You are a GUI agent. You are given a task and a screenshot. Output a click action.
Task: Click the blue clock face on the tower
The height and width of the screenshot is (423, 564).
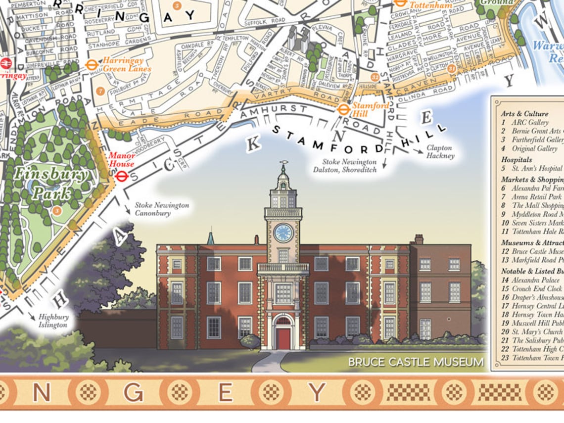[x=283, y=233]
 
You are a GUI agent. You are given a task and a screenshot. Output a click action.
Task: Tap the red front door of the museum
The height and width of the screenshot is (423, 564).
[x=283, y=338]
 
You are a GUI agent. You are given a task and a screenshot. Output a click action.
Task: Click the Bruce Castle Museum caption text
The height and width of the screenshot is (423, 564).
[x=416, y=362]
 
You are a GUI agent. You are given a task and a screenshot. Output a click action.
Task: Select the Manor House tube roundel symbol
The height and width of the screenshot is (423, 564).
[x=121, y=176]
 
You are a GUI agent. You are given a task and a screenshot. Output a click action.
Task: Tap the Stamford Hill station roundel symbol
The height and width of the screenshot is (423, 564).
[x=344, y=109]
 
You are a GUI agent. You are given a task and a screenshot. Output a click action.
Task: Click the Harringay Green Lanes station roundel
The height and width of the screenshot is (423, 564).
[x=91, y=65]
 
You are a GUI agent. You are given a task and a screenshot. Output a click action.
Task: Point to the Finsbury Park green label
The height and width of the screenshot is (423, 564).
[x=51, y=184]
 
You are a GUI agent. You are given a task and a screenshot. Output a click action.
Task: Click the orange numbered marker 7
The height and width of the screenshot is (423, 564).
[x=100, y=91]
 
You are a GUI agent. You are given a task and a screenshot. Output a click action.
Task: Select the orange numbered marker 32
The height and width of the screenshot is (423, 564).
[x=375, y=77]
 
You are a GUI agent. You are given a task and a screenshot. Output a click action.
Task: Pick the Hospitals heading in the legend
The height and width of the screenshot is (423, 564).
[x=516, y=160]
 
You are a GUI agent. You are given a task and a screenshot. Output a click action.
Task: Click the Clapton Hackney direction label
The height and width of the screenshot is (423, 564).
[x=440, y=152]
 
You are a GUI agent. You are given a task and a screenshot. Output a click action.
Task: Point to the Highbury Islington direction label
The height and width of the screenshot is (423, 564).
[x=53, y=321]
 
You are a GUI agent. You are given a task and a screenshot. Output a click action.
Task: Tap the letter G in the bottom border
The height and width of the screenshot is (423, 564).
[x=134, y=392]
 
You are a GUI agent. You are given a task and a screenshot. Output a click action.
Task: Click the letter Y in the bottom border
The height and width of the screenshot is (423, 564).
[x=317, y=392]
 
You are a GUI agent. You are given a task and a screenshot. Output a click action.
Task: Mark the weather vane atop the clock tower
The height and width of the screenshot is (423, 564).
[x=283, y=163]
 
